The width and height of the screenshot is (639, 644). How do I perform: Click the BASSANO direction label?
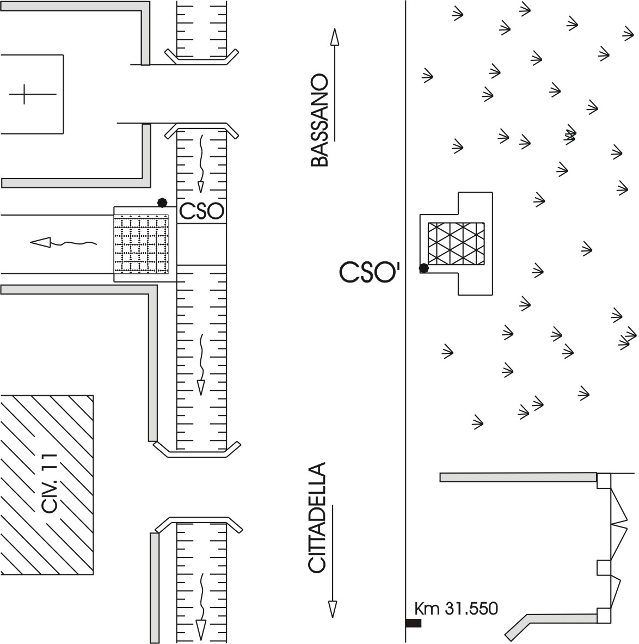pos(320,120)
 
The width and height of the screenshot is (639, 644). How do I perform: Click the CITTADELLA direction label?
pos(317,518)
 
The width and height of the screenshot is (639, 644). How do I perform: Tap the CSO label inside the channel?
pos(202,212)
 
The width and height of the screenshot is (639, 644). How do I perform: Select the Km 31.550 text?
pos(456,608)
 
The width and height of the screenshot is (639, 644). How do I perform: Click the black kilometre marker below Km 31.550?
pos(413,623)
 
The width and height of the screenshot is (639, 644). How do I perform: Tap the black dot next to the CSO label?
pos(162,203)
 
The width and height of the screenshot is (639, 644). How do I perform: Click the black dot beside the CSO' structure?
pos(424,268)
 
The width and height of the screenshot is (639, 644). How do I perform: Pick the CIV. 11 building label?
pos(50,483)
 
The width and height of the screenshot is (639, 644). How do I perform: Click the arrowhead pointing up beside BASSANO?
pos(335,36)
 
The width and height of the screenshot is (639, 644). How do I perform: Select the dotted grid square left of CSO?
pos(142,244)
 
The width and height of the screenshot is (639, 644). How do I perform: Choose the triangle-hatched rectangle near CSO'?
pos(456,243)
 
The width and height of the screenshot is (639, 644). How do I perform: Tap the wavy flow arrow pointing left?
pos(63,243)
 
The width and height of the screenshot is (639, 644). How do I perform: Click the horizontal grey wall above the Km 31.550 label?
pos(518,477)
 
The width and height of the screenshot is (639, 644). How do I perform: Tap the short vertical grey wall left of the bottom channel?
pos(155,587)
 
